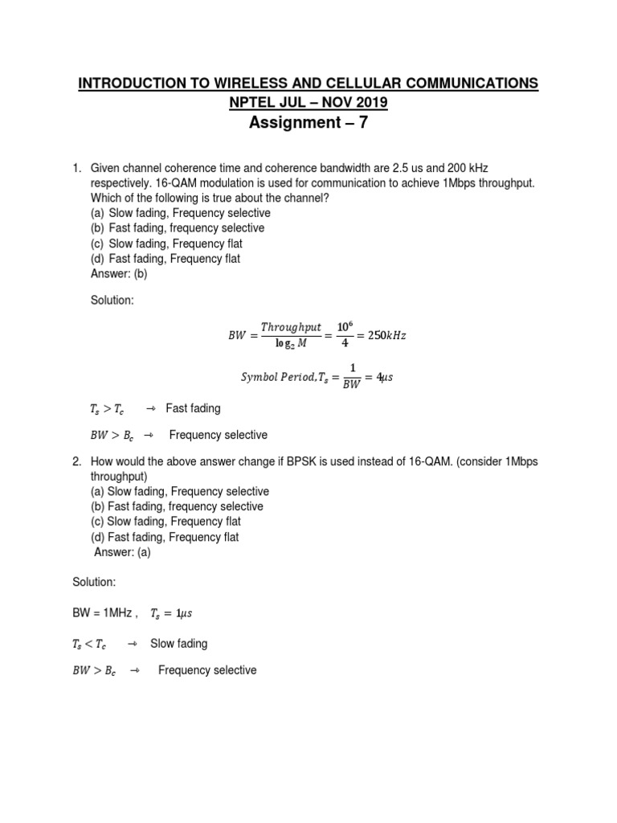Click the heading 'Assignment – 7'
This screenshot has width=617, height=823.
(308, 123)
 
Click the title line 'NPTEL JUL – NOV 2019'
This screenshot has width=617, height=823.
(308, 102)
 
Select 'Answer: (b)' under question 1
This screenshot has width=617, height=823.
(119, 273)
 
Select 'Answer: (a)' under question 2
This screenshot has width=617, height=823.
(122, 552)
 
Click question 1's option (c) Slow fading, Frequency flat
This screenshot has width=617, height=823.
(166, 243)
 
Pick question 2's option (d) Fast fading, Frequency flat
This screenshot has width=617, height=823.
(165, 537)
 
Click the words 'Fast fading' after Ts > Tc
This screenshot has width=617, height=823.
(193, 408)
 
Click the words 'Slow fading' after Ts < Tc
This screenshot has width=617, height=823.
(178, 644)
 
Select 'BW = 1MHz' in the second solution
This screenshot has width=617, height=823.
(100, 613)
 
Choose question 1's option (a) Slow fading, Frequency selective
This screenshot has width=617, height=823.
(181, 213)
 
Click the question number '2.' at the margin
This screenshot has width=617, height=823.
(77, 461)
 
